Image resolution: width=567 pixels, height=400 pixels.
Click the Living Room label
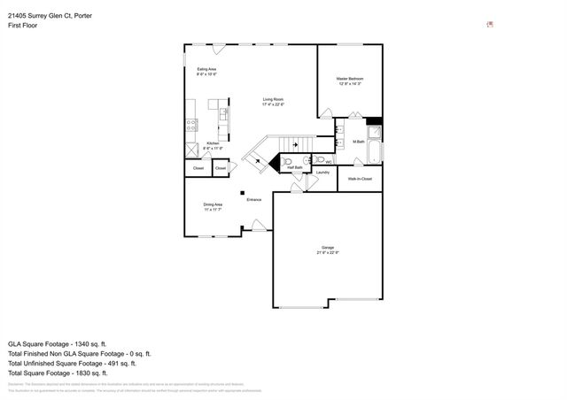[x=272, y=99]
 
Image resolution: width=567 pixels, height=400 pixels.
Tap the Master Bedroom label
[x=349, y=79]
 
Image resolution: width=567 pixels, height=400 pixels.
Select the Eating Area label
[x=206, y=69]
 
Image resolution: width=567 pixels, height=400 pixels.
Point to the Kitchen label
[x=213, y=143]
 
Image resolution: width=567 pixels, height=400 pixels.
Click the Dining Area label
[x=213, y=204]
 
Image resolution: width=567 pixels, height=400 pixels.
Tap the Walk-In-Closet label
[x=360, y=179]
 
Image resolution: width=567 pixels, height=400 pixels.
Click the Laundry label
[x=322, y=172]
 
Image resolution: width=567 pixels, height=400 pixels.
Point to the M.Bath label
[x=359, y=142]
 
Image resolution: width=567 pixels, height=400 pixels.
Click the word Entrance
[x=254, y=200]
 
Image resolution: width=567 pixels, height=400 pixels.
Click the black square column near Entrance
[x=240, y=193]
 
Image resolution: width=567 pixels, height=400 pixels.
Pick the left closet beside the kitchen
[x=198, y=167]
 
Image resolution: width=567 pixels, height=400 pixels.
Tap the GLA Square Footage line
[x=58, y=342]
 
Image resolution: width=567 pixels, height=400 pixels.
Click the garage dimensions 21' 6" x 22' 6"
[x=328, y=252]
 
